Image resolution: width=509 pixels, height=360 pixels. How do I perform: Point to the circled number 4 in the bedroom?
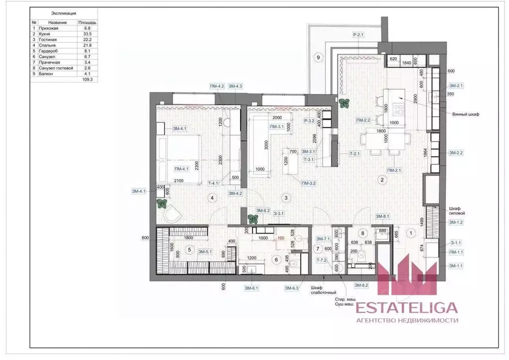tap(212, 198)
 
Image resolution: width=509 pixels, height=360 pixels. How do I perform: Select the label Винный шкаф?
tap(465, 114)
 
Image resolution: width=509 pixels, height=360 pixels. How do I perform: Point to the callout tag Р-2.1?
tap(359, 35)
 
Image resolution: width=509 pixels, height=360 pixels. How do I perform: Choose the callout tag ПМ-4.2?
tap(217, 87)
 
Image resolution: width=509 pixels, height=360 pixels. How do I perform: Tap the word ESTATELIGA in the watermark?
tap(407, 309)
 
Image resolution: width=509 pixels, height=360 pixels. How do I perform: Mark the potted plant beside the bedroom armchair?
tap(161, 203)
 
